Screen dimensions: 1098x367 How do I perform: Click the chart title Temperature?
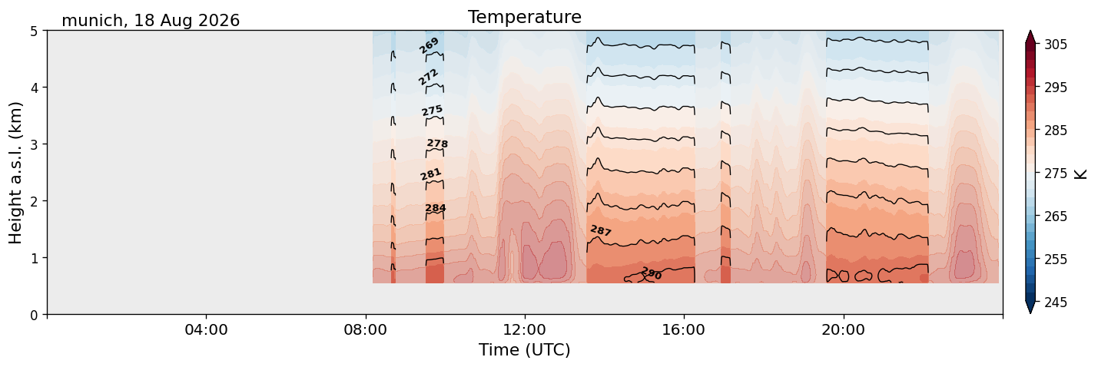(x=525, y=17)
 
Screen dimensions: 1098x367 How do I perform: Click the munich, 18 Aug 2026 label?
(x=151, y=21)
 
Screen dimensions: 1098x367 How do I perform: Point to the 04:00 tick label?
(x=206, y=329)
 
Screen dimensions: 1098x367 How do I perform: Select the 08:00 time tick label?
(x=365, y=329)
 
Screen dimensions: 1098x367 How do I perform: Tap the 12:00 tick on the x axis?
(x=525, y=329)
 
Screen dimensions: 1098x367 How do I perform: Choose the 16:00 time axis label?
(x=684, y=329)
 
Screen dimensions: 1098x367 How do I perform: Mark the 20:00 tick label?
(x=843, y=329)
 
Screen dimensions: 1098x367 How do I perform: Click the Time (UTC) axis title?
(x=525, y=350)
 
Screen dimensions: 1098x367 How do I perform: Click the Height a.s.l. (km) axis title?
(x=15, y=173)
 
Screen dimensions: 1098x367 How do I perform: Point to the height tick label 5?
(x=34, y=31)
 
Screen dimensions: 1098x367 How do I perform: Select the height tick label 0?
(x=34, y=315)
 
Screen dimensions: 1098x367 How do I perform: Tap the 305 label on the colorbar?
(x=1055, y=45)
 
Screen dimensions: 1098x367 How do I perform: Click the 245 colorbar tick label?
(x=1055, y=303)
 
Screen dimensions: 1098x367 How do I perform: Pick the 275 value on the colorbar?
(x=1055, y=174)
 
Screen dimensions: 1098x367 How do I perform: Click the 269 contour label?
(x=429, y=45)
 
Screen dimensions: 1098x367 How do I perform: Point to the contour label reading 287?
(x=600, y=230)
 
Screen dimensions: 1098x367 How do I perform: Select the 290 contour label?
(x=652, y=273)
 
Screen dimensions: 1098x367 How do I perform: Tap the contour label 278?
(x=437, y=143)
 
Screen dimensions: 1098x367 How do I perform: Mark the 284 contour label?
(x=435, y=208)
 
